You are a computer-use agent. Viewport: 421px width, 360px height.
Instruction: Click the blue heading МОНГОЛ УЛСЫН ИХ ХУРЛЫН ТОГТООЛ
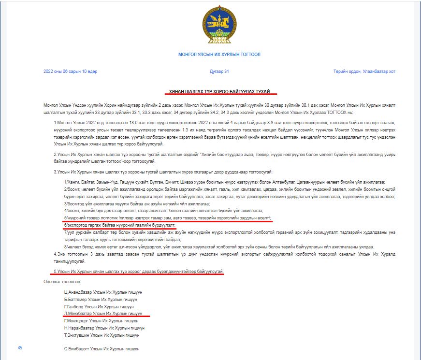[x=219, y=55]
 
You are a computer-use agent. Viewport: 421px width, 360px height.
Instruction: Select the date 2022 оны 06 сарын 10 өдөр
[x=71, y=72]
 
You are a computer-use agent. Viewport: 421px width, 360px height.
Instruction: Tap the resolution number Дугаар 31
[x=219, y=72]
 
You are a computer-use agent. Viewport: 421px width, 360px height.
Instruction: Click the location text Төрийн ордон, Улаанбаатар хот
[x=364, y=72]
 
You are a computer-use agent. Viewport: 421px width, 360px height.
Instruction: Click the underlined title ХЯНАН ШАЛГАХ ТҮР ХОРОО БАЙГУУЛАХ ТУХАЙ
[x=220, y=91]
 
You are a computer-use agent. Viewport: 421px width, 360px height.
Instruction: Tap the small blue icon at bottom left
[x=20, y=347]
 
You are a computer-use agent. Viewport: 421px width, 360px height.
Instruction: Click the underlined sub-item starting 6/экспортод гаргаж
[x=119, y=225]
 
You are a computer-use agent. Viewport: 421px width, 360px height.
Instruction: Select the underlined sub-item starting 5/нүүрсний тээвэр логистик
[x=167, y=218]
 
